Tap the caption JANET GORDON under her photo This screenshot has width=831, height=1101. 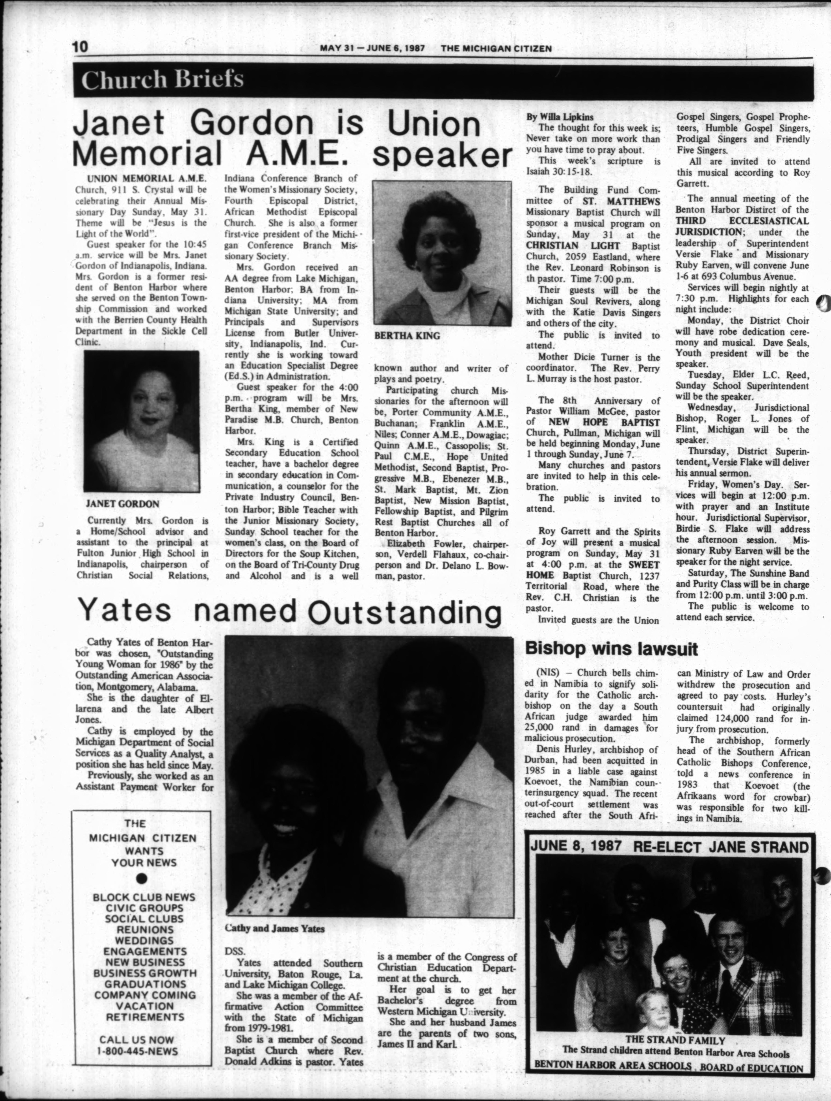[122, 504]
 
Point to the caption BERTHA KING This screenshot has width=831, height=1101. [407, 336]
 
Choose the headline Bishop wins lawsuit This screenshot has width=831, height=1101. [611, 649]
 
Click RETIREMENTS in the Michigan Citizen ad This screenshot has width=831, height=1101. [145, 1017]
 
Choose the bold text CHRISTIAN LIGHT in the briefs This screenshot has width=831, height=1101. [574, 246]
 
